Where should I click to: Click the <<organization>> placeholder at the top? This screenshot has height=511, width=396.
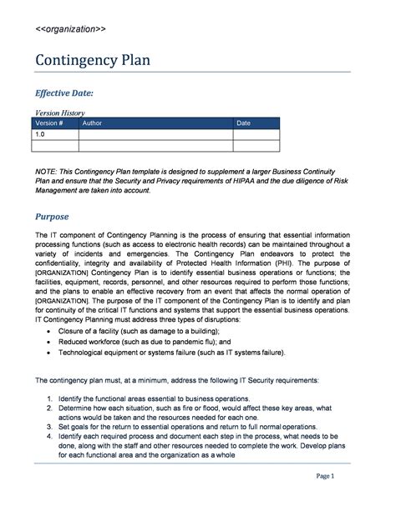pos(70,28)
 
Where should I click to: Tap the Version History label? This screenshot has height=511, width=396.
pos(59,113)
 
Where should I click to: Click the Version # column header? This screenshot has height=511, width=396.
pos(49,123)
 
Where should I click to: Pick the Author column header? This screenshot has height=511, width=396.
pos(92,123)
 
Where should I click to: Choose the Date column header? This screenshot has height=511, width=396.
pos(243,123)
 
